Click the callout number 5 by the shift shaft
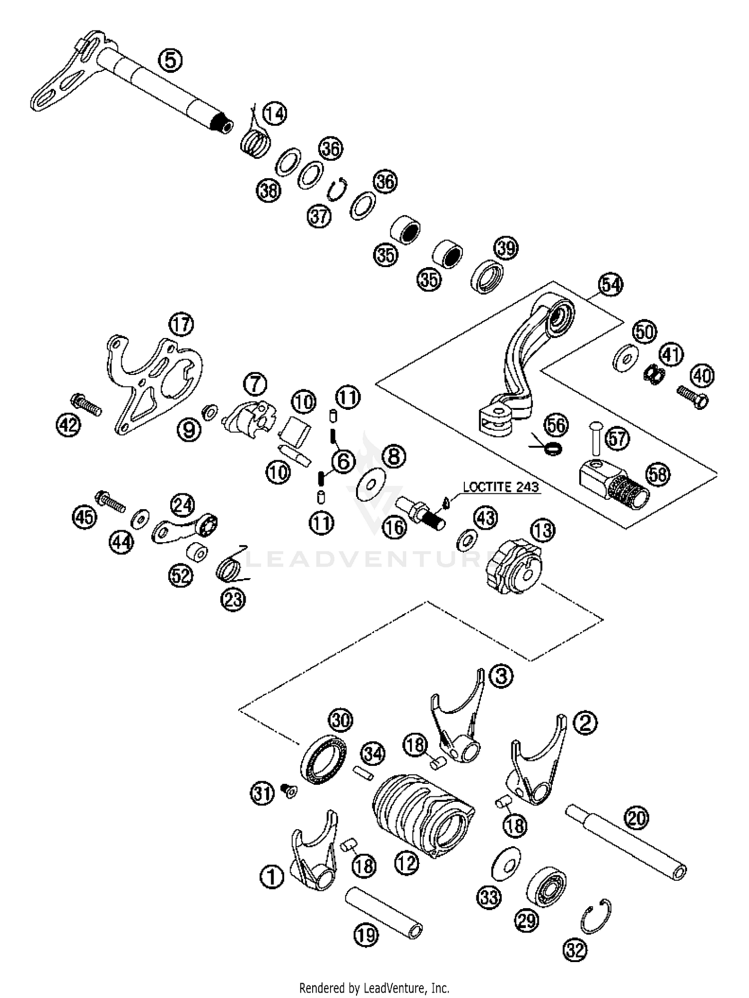(170, 60)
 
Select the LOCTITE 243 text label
(501, 487)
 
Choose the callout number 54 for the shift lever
(611, 285)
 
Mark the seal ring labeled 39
(487, 276)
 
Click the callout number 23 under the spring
(233, 599)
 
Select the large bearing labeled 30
(324, 759)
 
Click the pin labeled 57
(594, 437)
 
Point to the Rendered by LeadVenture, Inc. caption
(374, 987)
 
